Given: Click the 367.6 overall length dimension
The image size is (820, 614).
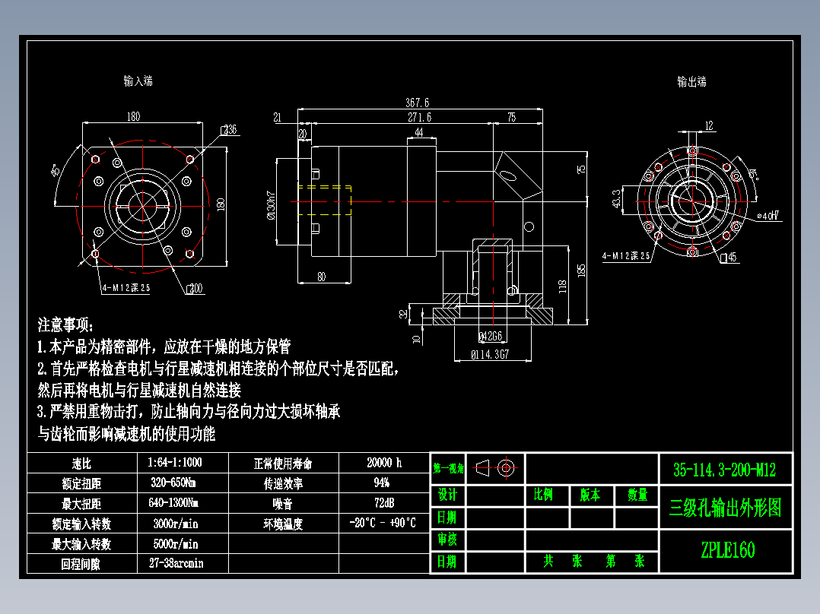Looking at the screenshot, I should click(418, 103).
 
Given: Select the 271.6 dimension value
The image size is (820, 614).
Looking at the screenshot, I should click(419, 117).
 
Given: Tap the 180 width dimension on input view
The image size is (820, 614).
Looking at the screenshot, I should click(133, 117).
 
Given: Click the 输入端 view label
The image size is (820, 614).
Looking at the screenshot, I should click(138, 81).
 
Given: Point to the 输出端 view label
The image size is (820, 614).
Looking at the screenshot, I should click(691, 81).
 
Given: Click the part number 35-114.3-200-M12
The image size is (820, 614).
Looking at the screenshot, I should click(724, 470).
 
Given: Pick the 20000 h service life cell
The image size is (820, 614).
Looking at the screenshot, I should click(383, 463).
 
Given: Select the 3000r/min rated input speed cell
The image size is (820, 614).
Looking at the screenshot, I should click(176, 524).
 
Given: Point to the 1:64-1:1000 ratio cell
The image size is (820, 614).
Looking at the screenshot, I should click(176, 462).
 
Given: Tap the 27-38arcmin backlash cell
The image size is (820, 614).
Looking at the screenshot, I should click(176, 564).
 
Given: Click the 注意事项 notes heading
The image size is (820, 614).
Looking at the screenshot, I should click(67, 325).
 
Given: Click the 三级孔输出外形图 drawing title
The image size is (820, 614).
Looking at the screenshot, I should click(724, 508).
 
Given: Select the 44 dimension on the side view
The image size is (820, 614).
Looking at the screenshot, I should click(419, 133).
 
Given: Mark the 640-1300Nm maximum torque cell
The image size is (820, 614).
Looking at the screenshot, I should click(176, 503).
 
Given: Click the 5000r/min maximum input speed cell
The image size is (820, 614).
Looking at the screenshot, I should click(176, 544).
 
